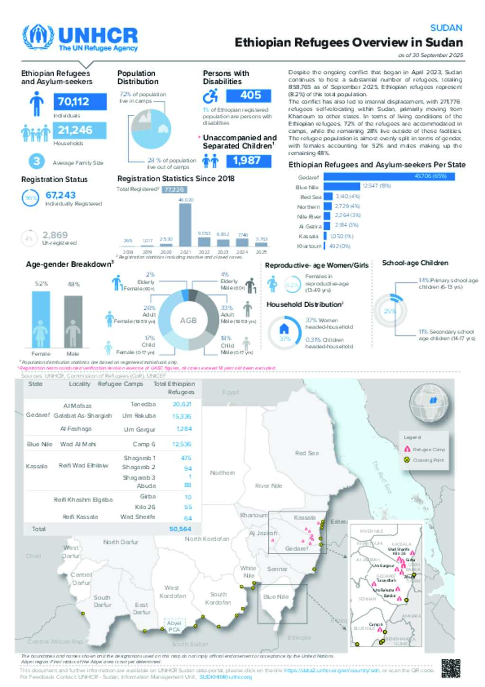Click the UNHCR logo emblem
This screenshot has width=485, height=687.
click(38, 37)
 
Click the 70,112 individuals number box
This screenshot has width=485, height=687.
click(79, 101)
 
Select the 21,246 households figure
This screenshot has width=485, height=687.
click(79, 130)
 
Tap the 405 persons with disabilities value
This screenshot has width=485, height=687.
click(249, 95)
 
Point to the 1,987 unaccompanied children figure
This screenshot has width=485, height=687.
click(249, 161)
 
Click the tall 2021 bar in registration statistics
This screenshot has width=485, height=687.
click(185, 224)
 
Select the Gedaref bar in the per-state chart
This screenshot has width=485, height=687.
click(388, 177)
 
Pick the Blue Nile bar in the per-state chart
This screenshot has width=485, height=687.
click(341, 186)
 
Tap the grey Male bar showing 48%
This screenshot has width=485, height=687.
click(73, 321)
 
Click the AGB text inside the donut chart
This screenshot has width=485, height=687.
click(188, 321)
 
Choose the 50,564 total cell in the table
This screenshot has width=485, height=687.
click(180, 529)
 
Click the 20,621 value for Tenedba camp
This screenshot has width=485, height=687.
click(182, 404)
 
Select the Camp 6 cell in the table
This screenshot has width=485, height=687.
click(144, 444)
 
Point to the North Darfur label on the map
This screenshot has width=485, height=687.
click(121, 542)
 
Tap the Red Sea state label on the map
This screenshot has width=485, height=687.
click(306, 453)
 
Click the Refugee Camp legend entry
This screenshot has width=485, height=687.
click(424, 449)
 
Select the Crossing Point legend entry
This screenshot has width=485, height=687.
click(424, 460)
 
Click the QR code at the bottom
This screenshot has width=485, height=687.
click(450, 668)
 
